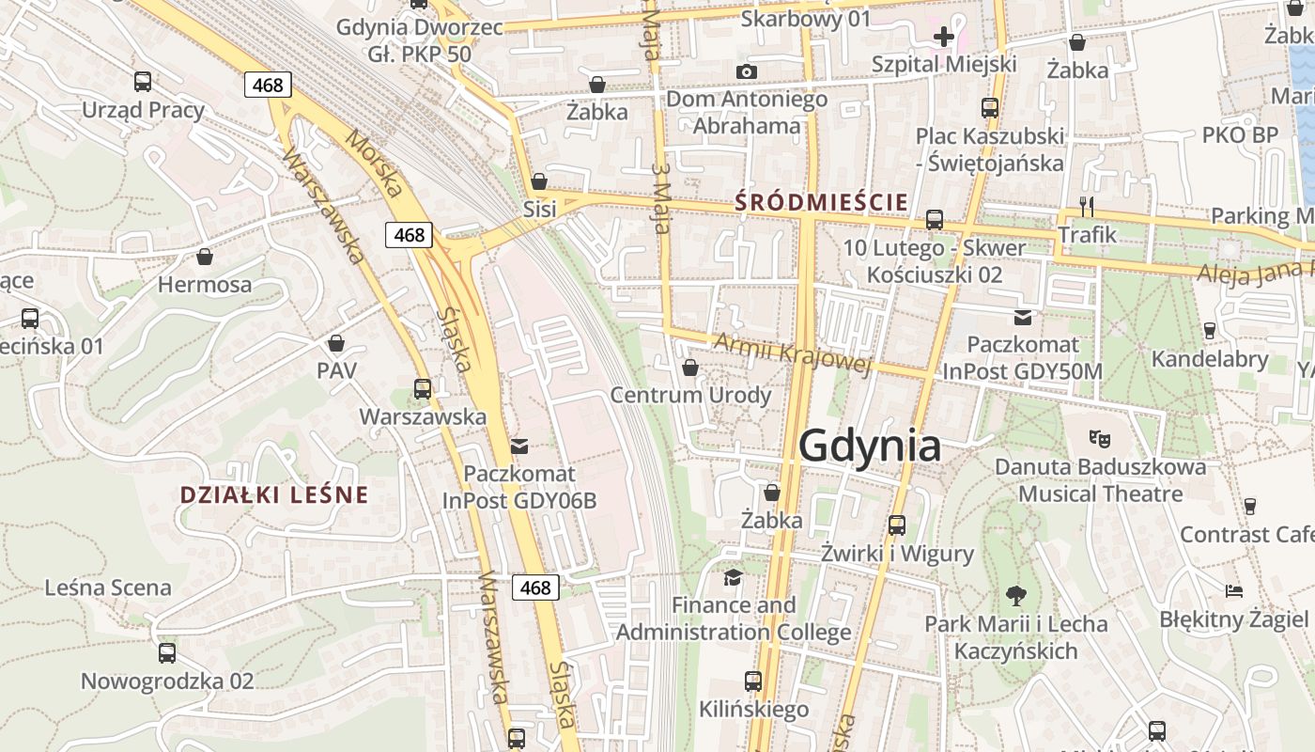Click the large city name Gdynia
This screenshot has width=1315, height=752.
point(870,446)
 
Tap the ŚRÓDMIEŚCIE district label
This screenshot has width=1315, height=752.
point(822,201)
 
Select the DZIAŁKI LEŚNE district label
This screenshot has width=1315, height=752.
point(273,494)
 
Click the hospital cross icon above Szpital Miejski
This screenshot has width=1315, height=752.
point(944,37)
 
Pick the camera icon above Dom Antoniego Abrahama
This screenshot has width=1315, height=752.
point(747,71)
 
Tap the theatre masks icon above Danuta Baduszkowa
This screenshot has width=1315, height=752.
point(1099,437)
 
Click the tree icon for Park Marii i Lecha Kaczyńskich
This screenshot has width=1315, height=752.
point(1015,594)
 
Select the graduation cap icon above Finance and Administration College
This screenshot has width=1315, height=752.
point(733,576)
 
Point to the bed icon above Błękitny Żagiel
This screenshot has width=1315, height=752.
point(1234,590)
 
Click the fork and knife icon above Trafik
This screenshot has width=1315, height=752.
point(1087,206)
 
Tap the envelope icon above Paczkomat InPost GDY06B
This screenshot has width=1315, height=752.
point(519,446)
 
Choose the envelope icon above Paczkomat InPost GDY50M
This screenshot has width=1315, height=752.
point(1023,317)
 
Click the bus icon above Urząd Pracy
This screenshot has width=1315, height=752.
point(143,82)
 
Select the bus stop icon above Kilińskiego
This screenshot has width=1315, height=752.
point(753,681)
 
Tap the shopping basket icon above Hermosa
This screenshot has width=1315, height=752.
point(205,256)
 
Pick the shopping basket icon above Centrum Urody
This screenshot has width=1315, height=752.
point(690,367)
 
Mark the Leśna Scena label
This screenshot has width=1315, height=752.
point(108,587)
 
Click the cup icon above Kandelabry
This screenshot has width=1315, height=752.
point(1210,330)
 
